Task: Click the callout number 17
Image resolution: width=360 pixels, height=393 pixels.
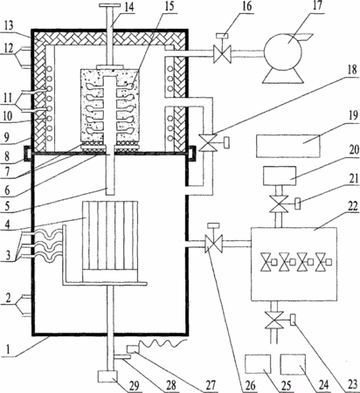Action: point(317,5)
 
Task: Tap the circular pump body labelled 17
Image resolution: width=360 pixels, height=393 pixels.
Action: point(283,51)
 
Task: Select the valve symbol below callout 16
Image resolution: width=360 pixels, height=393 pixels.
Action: point(222,54)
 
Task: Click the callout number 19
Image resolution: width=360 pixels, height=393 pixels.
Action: point(353,115)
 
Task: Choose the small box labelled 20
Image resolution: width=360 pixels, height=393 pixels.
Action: point(280,176)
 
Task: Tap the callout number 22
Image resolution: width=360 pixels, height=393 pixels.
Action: point(352,206)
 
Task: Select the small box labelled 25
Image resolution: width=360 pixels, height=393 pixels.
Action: point(258,364)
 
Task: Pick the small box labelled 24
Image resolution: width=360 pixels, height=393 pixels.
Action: point(293,364)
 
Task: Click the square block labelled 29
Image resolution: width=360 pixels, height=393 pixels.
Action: point(107,377)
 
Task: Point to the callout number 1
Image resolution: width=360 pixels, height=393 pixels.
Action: point(9,349)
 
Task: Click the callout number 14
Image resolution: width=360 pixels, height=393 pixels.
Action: point(128,8)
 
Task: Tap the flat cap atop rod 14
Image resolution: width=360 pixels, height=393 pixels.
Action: point(109,5)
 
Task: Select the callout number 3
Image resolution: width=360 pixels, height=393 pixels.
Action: point(8,255)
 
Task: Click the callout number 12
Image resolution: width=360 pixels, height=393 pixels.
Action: point(9,48)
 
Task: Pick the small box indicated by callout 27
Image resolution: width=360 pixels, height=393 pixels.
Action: point(132,348)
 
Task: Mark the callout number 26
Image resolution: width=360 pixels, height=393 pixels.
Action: point(250,386)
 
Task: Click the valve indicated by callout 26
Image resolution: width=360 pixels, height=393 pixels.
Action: point(214,242)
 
